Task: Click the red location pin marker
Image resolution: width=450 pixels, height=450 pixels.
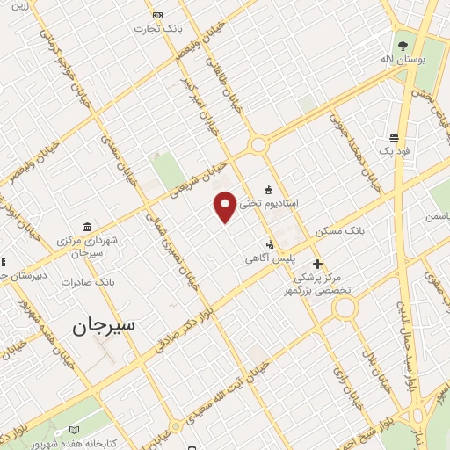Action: (x=225, y=206)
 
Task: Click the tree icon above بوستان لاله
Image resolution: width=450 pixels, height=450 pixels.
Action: (x=403, y=45)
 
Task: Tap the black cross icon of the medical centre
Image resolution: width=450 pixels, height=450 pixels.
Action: (x=317, y=264)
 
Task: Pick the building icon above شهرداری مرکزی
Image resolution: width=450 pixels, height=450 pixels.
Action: (x=85, y=227)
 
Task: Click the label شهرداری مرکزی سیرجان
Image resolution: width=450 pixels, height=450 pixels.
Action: (x=86, y=246)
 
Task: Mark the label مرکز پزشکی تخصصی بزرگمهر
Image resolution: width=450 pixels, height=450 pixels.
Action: (x=316, y=283)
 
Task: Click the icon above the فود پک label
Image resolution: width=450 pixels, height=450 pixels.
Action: (x=394, y=138)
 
